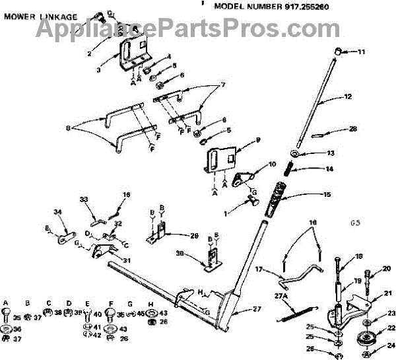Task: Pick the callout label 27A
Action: click(x=281, y=297)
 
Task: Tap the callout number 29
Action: click(x=194, y=236)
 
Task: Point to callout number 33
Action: click(x=83, y=199)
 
